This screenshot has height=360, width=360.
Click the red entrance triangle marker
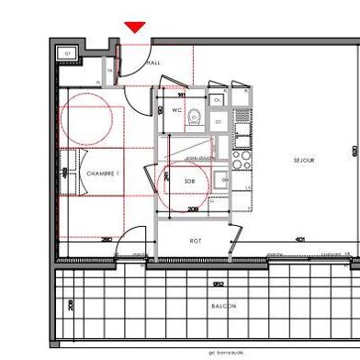pyautogui.click(x=135, y=28)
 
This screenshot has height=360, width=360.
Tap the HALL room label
pyautogui.click(x=152, y=62)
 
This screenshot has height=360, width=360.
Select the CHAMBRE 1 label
pyautogui.click(x=104, y=174)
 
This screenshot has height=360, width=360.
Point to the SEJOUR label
pyautogui.click(x=304, y=160)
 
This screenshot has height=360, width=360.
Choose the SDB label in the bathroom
pyautogui.click(x=189, y=182)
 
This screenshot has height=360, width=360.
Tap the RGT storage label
pyautogui.click(x=195, y=241)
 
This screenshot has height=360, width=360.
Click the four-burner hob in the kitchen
pyautogui.click(x=242, y=163)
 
